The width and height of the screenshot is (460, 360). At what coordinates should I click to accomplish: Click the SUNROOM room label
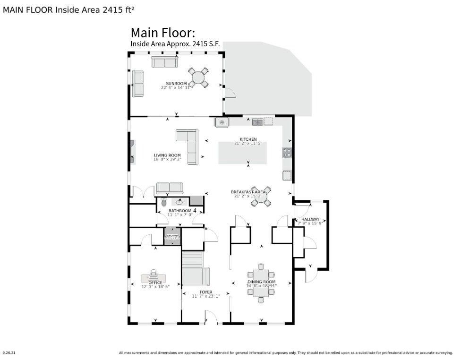click(177, 83)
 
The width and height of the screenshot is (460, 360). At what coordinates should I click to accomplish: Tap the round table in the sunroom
click(199, 77)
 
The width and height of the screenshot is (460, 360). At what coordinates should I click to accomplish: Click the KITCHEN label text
click(248, 139)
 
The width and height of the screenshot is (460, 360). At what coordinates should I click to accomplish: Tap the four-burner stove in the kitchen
click(287, 152)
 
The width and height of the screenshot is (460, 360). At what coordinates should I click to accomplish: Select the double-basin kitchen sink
click(257, 122)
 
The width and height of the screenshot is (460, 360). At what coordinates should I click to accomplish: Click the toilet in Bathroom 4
click(164, 202)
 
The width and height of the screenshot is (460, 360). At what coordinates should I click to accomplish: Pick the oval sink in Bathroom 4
click(176, 201)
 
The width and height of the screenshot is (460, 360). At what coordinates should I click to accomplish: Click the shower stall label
click(171, 236)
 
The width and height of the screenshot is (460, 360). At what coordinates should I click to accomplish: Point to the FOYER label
click(205, 292)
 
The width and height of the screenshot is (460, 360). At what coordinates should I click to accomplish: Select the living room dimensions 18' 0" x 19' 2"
click(167, 160)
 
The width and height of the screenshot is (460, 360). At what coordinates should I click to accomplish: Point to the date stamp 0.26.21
click(9, 352)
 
